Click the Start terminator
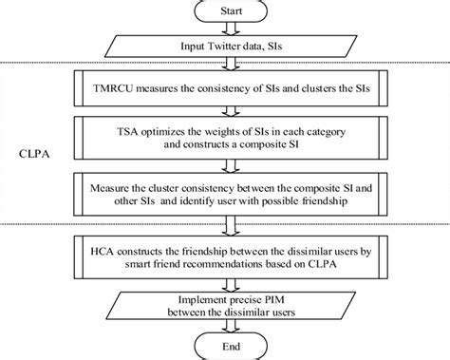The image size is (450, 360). point(225,12)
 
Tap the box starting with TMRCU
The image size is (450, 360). point(225,89)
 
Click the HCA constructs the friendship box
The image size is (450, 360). point(225,256)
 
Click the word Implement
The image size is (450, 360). point(200,295)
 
